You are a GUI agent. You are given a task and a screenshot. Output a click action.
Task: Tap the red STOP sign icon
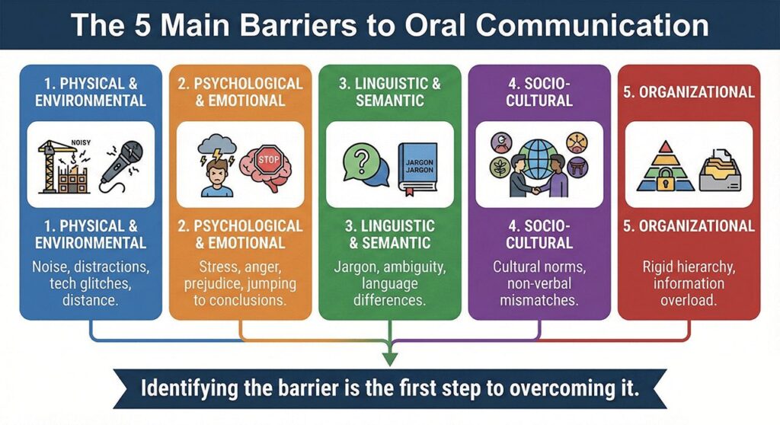tap(269, 161)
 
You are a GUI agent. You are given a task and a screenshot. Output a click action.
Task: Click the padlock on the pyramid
tap(660, 180)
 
